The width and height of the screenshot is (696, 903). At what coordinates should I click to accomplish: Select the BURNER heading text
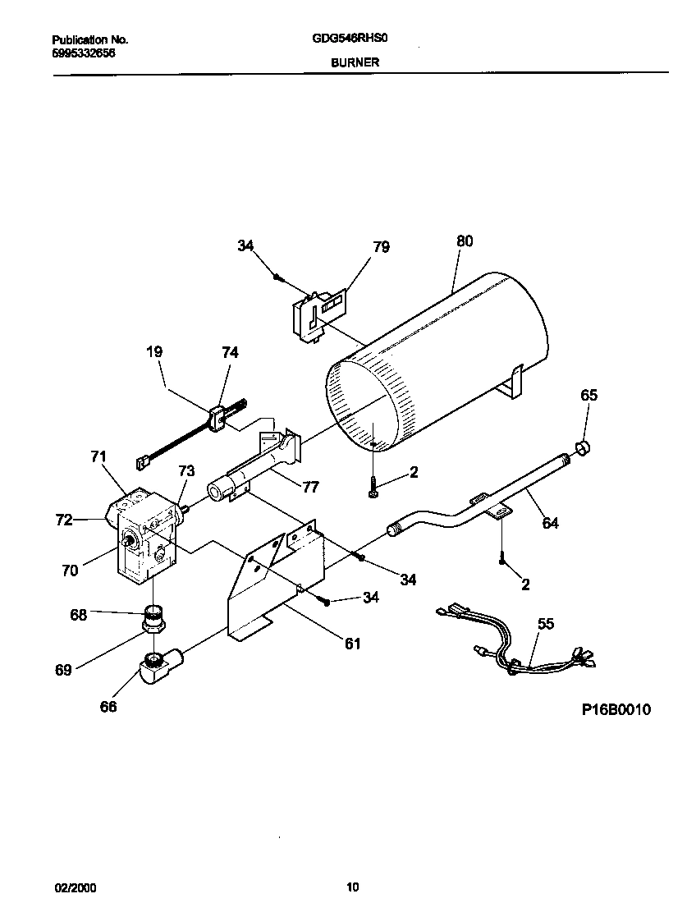(x=355, y=62)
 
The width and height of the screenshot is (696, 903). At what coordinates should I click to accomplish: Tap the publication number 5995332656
(x=84, y=52)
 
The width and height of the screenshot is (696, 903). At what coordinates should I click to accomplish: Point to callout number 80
(x=465, y=241)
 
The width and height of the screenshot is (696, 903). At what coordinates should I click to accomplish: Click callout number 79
(x=381, y=246)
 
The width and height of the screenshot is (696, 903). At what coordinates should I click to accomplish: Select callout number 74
(x=230, y=352)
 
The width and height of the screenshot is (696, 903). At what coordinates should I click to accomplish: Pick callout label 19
(x=154, y=351)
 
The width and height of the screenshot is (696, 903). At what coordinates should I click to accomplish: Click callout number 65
(x=589, y=395)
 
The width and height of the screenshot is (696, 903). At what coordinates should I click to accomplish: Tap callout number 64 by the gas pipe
(x=550, y=522)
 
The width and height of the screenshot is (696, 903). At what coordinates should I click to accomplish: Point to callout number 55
(x=546, y=624)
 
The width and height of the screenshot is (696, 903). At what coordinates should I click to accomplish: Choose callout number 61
(x=352, y=644)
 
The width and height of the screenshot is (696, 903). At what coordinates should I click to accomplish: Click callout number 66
(x=108, y=707)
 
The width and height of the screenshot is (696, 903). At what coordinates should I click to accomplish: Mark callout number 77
(x=310, y=487)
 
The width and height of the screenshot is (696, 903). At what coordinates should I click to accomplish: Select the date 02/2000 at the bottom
(x=71, y=887)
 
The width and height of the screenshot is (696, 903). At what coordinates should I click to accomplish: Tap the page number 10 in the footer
(x=352, y=887)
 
